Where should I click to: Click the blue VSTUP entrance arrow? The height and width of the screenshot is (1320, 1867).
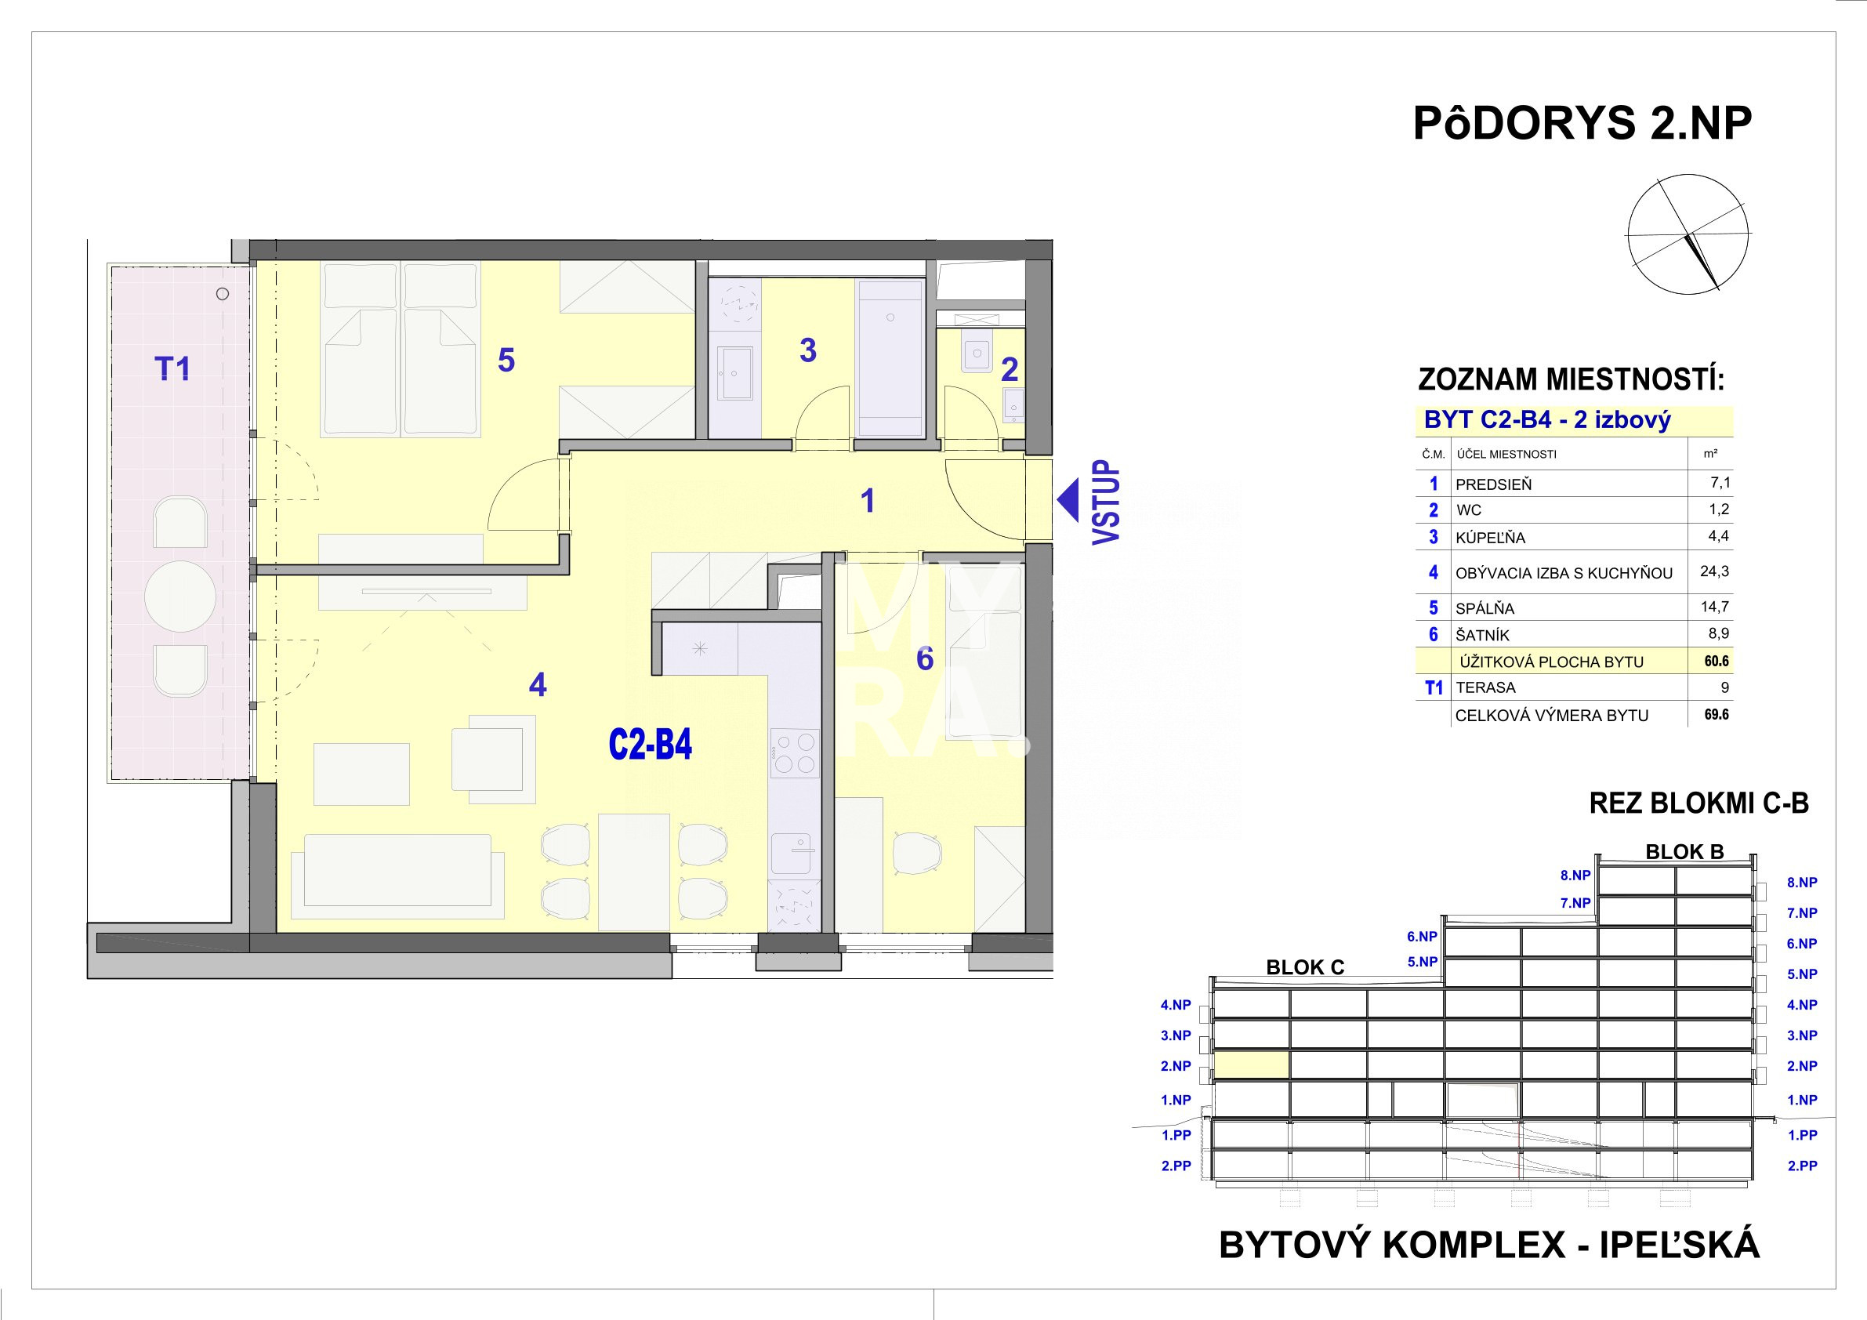(1067, 500)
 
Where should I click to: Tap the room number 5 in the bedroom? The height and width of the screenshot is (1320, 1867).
(506, 361)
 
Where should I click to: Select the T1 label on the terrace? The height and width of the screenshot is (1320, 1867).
(172, 368)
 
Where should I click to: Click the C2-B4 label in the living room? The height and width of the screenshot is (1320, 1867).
(650, 744)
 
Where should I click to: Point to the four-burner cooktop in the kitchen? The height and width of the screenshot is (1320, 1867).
(794, 753)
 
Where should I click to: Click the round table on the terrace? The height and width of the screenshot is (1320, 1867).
(179, 597)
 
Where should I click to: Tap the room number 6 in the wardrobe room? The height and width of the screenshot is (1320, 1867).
(925, 658)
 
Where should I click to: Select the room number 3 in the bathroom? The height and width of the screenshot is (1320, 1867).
(807, 350)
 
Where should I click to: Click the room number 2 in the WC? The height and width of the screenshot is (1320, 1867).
(1009, 370)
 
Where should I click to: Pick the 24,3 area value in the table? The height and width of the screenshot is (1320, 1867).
(1714, 571)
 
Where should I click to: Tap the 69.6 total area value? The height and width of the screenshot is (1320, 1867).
(1716, 714)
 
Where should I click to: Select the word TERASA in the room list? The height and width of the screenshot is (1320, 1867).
(1485, 687)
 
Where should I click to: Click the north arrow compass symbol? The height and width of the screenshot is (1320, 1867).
(1688, 234)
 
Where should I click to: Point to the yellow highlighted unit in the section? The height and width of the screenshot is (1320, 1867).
(1252, 1064)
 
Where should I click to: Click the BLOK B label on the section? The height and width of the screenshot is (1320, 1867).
(1685, 851)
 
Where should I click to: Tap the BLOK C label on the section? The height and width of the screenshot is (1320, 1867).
(1305, 967)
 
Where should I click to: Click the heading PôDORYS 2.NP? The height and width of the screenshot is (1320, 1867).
(1582, 124)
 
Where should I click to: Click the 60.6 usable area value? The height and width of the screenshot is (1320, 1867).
(1716, 662)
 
